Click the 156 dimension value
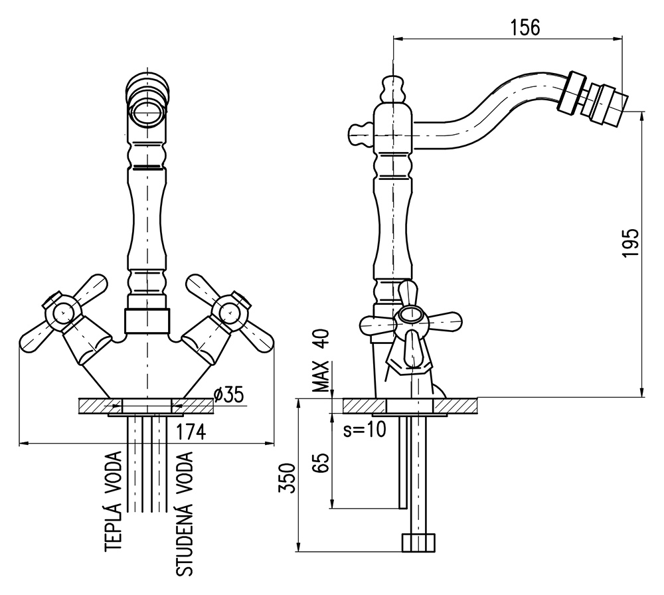[x=525, y=27]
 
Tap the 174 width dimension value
[x=191, y=432]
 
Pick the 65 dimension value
[x=321, y=462]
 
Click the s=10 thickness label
[x=365, y=430]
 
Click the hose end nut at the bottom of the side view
[x=419, y=542]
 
